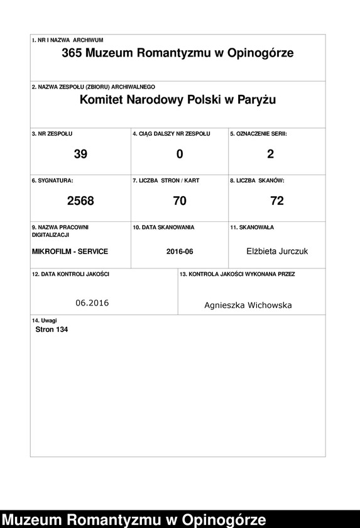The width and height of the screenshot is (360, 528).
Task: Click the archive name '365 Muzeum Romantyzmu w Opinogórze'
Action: [x=178, y=53]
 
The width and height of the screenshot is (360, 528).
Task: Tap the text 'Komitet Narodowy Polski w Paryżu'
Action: [x=178, y=100]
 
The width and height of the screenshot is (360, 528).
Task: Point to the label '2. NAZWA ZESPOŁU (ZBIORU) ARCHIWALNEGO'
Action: [x=93, y=87]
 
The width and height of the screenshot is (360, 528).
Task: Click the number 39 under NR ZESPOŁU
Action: [x=80, y=154]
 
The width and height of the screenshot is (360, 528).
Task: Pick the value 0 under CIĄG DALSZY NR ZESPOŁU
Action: [x=180, y=154]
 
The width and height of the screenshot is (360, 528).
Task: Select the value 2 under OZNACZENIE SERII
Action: [x=270, y=154]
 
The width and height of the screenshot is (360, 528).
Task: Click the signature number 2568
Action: [x=80, y=201]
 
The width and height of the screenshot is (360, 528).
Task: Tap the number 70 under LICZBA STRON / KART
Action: [x=180, y=201]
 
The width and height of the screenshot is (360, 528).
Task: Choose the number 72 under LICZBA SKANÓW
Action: [x=276, y=201]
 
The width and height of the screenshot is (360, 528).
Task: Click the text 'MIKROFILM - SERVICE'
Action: [x=70, y=251]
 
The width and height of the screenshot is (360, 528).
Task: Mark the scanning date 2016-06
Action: [x=180, y=251]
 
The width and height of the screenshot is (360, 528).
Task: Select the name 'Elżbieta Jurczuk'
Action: [x=277, y=251]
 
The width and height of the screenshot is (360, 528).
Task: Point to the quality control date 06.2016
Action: [x=92, y=303]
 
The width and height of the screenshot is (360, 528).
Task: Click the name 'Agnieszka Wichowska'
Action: [x=248, y=305]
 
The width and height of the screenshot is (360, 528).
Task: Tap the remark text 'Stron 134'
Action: [x=52, y=329]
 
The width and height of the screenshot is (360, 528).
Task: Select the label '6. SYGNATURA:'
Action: [x=52, y=180]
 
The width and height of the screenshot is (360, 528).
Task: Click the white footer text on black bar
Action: [x=133, y=520]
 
